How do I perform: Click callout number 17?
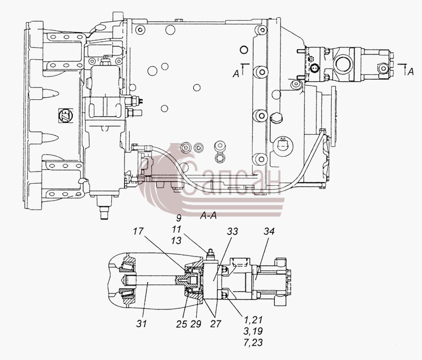pos(138,231)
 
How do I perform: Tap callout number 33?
pos(232,231)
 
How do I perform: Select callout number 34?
pos(269,231)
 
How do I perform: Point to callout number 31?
pos(141,324)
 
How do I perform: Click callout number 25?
pos(181,324)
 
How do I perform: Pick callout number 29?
pos(196,324)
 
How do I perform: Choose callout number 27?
pos(215,324)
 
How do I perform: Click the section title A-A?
pos(208,216)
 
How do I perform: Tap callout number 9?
pos(178,218)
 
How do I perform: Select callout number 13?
pos(176,241)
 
